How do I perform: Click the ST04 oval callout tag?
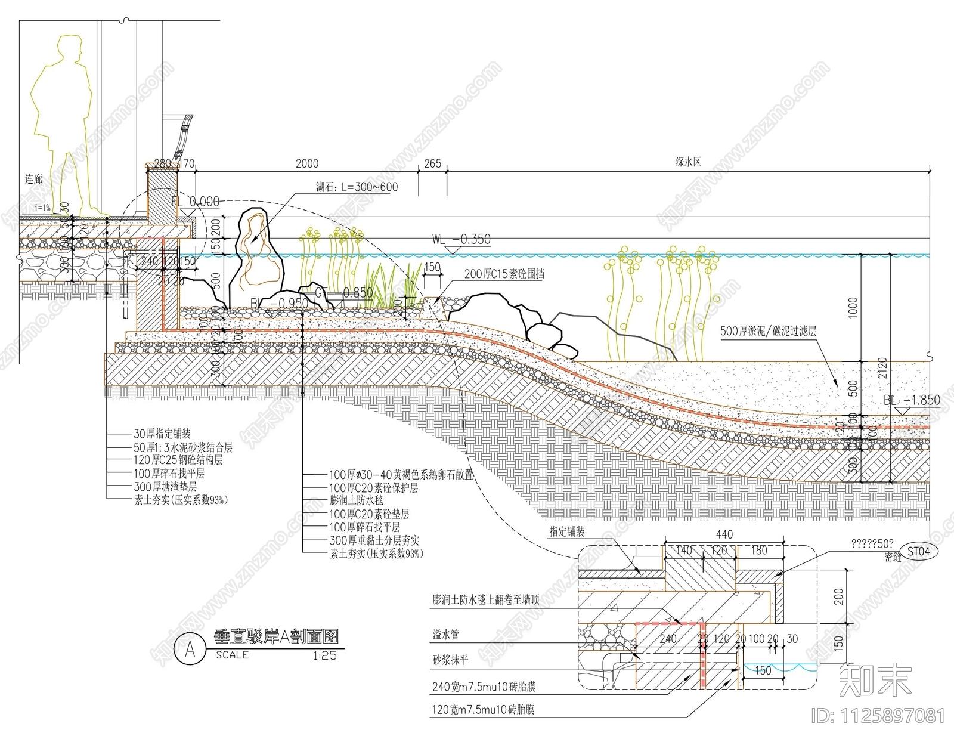pos(918,551)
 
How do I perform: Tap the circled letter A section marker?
pos(190,649)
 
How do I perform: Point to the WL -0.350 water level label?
pos(461,240)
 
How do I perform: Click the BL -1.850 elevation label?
pos(912,400)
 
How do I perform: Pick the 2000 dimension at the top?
pos(307,163)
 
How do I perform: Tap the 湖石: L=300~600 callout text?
pos(357,187)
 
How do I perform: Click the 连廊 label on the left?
pos(33,180)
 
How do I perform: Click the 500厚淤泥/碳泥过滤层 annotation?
pos(768,331)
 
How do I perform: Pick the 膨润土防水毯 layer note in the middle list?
pos(357,501)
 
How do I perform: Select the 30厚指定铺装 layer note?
pos(162,434)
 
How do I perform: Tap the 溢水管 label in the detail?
pos(446,635)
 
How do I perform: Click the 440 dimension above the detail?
pos(724,535)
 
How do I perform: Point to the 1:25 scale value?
pos(324,655)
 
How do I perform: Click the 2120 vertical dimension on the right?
pos(882,369)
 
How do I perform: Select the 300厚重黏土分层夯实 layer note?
pos(374,540)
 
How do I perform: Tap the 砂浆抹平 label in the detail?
pos(451,660)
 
